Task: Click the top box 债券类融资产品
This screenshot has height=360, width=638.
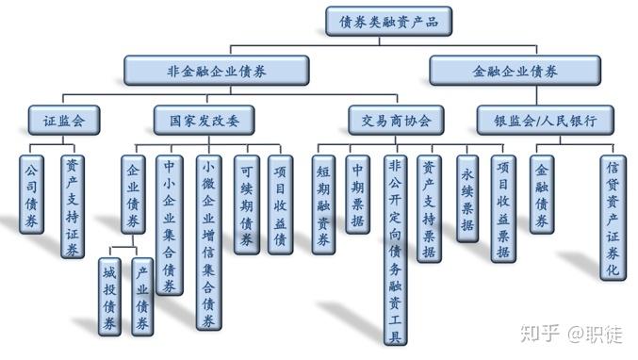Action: coord(388,21)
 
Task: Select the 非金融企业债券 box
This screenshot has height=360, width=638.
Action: coord(217,71)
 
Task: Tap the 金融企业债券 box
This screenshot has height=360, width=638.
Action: coord(515,71)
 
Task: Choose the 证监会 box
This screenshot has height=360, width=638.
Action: coord(64,121)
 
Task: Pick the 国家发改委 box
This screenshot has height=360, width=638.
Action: coord(204,121)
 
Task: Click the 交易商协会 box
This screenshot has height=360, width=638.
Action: coord(396,121)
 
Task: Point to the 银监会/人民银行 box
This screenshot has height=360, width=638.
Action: coord(546,121)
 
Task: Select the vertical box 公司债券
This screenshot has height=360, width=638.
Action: coord(32,194)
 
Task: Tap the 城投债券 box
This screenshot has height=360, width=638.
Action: coord(109,297)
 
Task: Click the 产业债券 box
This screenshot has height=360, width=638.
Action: coord(142,297)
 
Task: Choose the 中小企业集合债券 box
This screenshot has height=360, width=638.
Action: coord(170,225)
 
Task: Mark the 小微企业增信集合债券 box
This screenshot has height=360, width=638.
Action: coord(209,242)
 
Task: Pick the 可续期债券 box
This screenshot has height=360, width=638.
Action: coord(247,205)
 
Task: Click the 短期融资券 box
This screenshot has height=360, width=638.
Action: coord(324,205)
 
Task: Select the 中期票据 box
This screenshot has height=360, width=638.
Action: coord(358,194)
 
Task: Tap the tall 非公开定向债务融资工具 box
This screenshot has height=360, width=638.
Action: coord(396,250)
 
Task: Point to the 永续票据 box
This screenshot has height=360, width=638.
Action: coord(467,199)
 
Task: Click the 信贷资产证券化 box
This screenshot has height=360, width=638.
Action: coord(613,218)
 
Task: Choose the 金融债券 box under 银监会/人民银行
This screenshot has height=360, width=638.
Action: coord(542,194)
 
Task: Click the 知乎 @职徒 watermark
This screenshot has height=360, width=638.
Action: coord(571,334)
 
